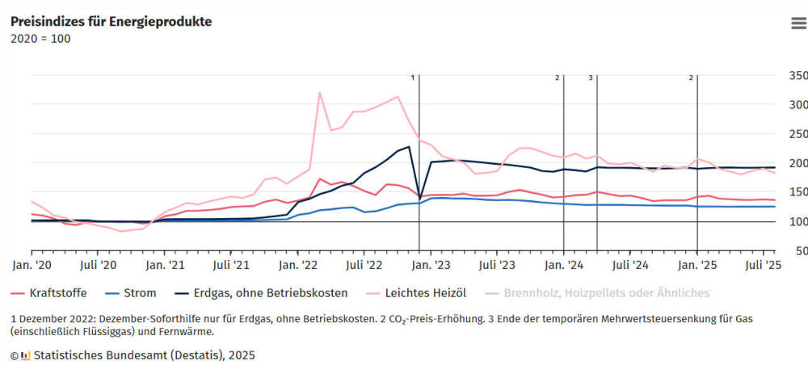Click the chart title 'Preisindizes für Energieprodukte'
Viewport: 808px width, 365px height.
coord(111,22)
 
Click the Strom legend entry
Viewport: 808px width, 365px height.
coord(134,293)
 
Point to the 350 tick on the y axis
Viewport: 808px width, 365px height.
coord(797,76)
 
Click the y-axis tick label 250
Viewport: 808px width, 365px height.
coord(797,134)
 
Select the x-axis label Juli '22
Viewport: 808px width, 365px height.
coord(364,264)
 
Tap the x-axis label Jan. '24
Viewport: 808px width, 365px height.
coord(564,264)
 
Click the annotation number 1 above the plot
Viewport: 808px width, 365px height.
coord(412,78)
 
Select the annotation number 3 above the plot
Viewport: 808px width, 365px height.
coord(591,78)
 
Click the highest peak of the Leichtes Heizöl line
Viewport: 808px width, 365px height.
coord(320,93)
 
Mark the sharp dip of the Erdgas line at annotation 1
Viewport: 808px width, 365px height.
coord(419,199)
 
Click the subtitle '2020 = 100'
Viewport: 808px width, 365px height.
coord(40,38)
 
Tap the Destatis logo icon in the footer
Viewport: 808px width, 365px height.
coord(26,355)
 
